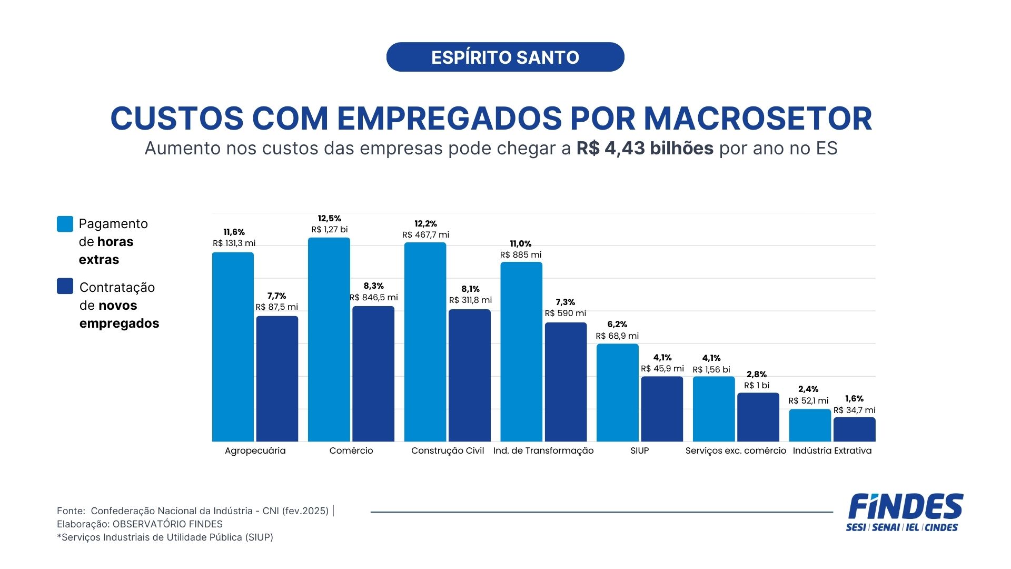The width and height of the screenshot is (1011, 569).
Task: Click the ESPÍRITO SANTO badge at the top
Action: coord(505,57)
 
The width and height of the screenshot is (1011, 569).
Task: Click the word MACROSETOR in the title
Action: coord(758,119)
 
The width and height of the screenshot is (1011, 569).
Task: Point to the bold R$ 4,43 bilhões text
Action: coord(645,149)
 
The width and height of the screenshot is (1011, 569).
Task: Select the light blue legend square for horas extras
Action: coord(65,224)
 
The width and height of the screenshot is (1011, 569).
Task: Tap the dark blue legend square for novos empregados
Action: coord(65,286)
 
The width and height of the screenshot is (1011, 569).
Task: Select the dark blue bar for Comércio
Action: coord(373,374)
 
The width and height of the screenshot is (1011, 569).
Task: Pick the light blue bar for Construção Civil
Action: coord(425,342)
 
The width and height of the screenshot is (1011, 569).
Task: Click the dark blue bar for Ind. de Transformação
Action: coord(566,382)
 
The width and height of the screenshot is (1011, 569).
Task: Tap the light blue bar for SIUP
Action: coord(617,393)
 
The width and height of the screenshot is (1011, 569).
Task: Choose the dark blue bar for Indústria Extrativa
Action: coord(854,429)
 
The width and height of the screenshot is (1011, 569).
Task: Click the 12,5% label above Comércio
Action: coord(329,218)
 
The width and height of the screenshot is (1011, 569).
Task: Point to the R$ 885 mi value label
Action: coord(521,255)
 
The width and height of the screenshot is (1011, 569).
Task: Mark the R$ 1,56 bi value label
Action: coord(711,370)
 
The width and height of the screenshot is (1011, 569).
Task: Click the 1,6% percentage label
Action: coord(854,399)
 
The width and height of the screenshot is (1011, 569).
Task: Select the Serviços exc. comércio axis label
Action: coord(736,450)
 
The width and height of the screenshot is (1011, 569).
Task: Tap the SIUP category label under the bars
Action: coord(639,450)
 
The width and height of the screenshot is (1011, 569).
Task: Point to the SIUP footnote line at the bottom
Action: coord(165,537)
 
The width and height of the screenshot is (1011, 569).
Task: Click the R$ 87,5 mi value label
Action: coord(276,307)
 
